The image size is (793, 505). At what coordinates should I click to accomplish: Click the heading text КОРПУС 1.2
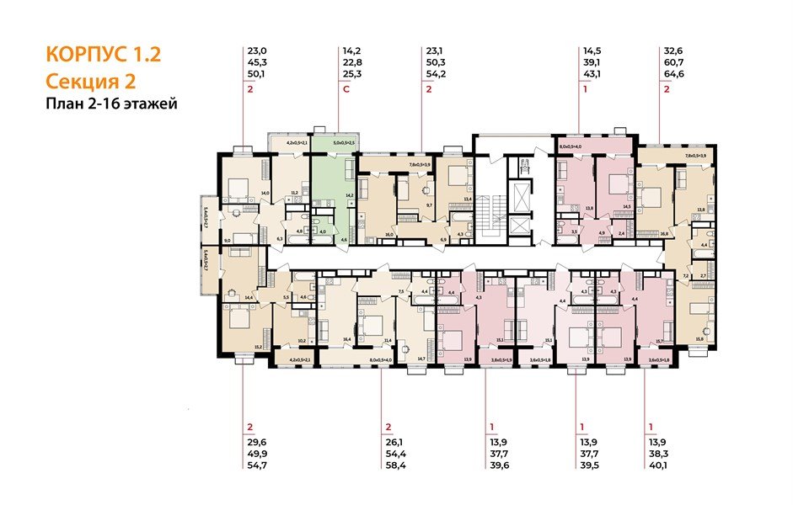[x=103, y=56]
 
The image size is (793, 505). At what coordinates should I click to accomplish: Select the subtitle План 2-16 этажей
[x=111, y=104]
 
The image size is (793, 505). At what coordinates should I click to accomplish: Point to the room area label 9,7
[x=428, y=205]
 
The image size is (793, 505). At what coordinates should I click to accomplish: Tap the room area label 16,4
[x=346, y=339]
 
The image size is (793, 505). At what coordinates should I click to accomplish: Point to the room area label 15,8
[x=699, y=339]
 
